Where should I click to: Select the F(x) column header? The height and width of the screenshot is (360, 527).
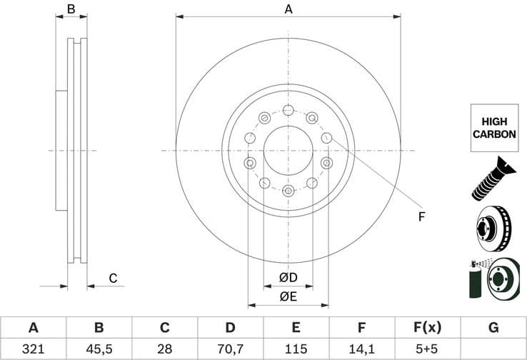[x=427, y=328]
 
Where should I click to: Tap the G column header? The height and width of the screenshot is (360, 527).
[x=493, y=328]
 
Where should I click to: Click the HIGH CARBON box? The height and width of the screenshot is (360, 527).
[x=493, y=128]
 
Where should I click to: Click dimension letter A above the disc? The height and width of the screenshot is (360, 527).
[x=288, y=9]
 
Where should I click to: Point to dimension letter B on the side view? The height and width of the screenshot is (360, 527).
[x=71, y=9]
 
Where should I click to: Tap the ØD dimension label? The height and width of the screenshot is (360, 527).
[x=288, y=277]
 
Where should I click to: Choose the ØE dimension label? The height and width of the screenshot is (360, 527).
[x=288, y=296]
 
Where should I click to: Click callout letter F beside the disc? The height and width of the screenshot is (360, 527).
[x=422, y=216]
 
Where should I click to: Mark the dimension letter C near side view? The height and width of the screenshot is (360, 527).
[x=112, y=278]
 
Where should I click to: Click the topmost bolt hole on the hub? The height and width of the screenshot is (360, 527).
[x=288, y=110]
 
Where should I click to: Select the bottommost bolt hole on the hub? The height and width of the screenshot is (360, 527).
[x=288, y=191]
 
